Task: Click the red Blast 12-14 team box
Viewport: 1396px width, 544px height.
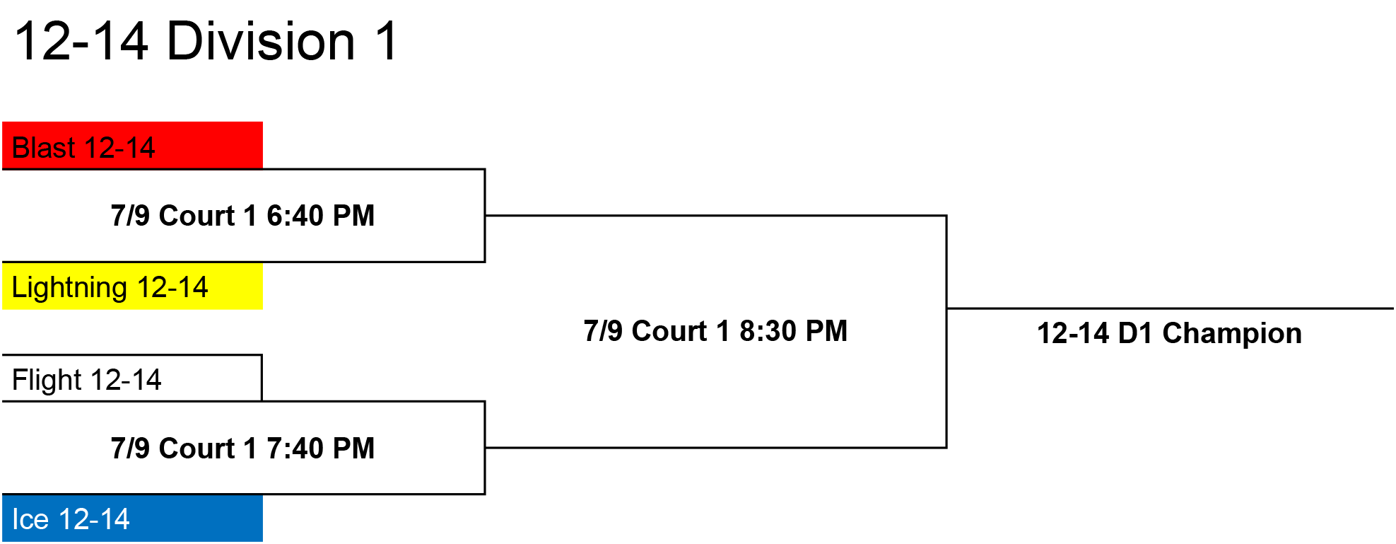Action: [x=132, y=146]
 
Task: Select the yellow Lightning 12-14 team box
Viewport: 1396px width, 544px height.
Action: [x=132, y=286]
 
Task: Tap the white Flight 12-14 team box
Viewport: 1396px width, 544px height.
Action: [x=132, y=378]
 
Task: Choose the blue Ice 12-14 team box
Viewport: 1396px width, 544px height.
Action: [x=132, y=518]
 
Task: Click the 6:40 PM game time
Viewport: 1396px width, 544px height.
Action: [x=320, y=216]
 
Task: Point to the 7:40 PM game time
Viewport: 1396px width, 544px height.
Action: [x=320, y=448]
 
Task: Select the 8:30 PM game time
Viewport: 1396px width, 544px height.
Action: [x=793, y=331]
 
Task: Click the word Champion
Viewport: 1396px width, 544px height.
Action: [x=1232, y=333]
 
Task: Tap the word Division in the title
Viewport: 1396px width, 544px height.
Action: [x=261, y=41]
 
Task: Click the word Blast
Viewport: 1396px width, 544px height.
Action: [x=44, y=148]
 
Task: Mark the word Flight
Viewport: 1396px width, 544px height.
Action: [x=47, y=381]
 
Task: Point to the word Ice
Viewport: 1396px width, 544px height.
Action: [x=30, y=519]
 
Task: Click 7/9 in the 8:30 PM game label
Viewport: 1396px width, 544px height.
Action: [x=602, y=331]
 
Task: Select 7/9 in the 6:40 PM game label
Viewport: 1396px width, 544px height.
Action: [x=130, y=216]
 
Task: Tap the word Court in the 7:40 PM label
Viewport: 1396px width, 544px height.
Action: [x=197, y=448]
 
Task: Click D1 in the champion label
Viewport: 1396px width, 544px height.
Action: [x=1135, y=333]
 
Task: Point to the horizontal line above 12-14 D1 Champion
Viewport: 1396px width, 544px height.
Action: [x=1170, y=308]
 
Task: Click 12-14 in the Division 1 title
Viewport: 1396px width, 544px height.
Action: [x=81, y=41]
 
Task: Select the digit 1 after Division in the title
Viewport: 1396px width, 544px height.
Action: [x=387, y=41]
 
